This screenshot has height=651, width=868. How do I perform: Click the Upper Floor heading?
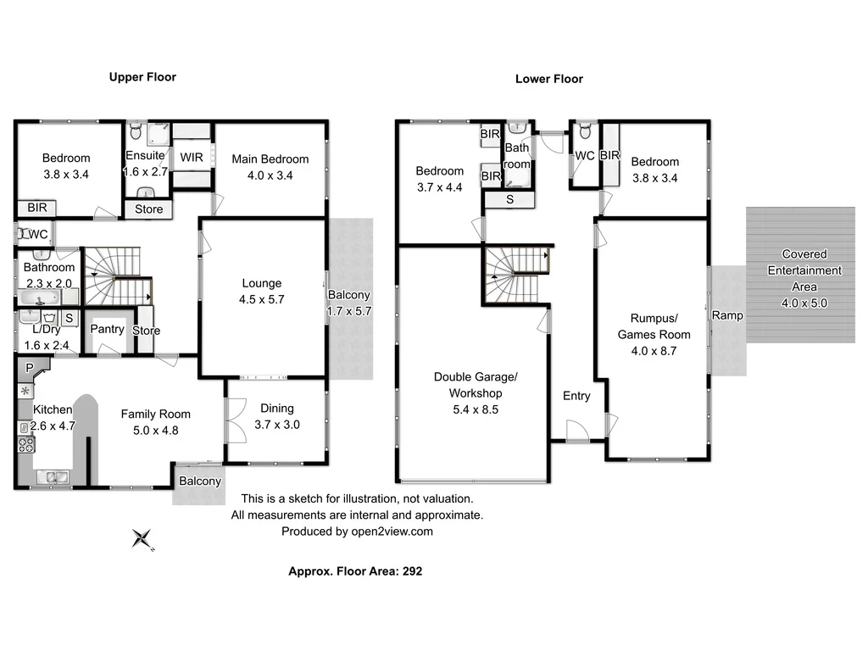click(x=142, y=77)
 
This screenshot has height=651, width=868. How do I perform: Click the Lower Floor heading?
click(x=548, y=79)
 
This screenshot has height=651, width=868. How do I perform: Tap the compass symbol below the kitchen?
click(x=143, y=538)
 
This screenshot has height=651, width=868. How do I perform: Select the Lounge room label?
click(x=261, y=283)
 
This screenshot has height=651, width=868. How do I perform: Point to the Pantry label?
click(x=107, y=329)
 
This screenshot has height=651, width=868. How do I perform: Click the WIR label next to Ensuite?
click(x=191, y=157)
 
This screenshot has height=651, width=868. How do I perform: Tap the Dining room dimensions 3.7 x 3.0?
click(x=277, y=425)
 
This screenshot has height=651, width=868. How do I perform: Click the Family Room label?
click(x=155, y=414)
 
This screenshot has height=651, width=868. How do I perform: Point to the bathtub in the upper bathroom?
click(x=39, y=298)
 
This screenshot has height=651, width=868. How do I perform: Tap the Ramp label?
click(x=726, y=315)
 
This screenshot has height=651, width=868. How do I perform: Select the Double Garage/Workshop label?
click(x=475, y=385)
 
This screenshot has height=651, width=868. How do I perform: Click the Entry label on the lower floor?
click(x=576, y=396)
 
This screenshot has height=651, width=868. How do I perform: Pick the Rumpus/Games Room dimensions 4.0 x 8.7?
click(x=654, y=350)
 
